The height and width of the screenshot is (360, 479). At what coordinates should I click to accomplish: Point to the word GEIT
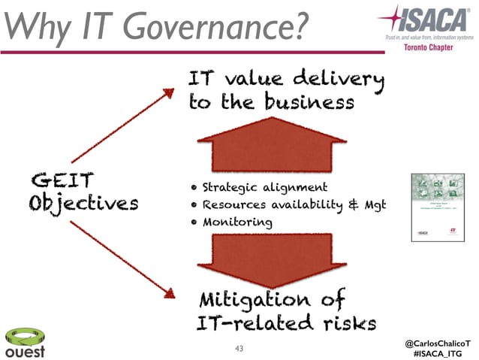[x=62, y=182]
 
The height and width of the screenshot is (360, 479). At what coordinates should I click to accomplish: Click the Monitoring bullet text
[x=236, y=222]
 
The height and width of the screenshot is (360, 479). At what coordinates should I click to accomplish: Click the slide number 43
[x=239, y=348]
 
